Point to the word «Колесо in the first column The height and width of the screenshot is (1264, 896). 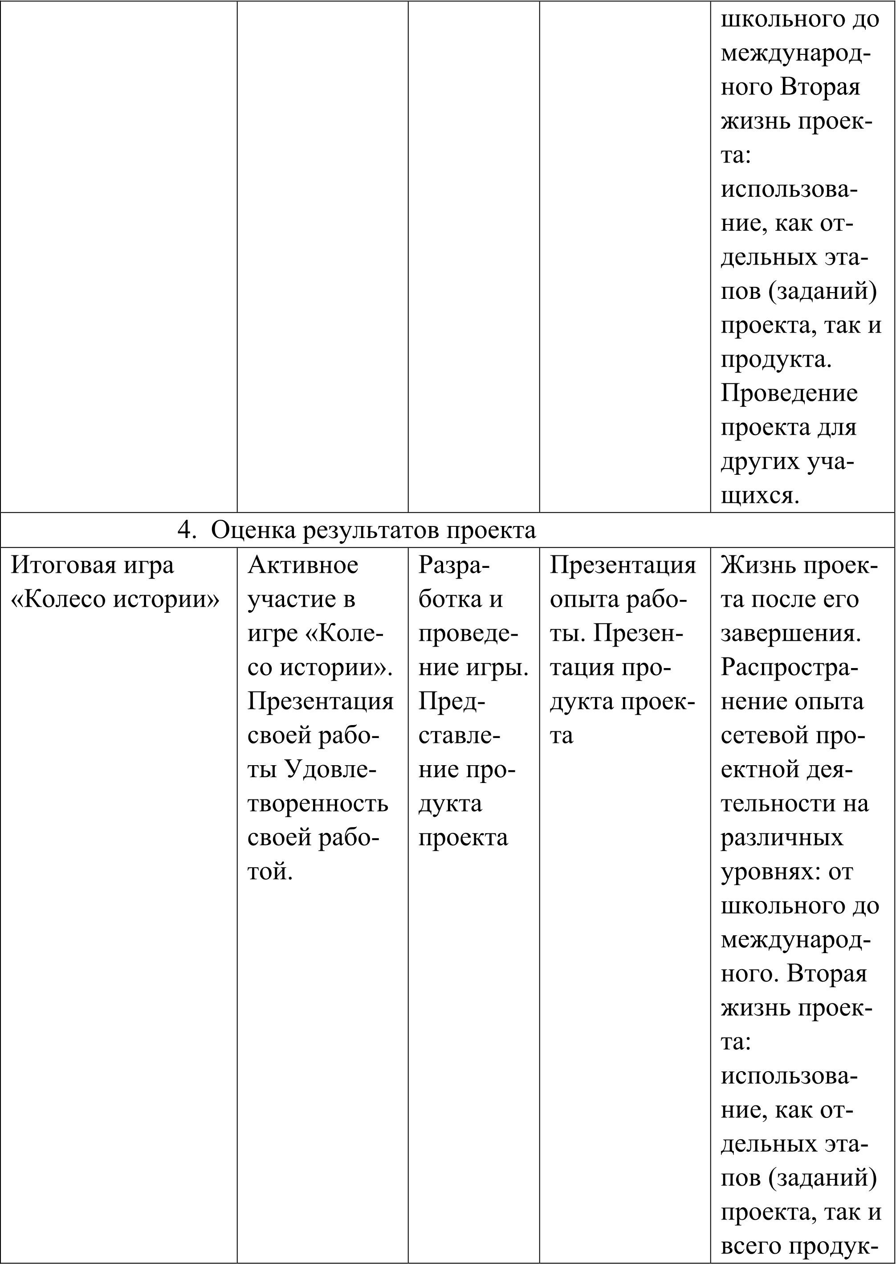[60, 599]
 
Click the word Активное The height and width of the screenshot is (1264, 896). [303, 564]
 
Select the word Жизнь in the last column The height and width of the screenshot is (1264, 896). [753, 564]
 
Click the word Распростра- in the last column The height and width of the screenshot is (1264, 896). [790, 667]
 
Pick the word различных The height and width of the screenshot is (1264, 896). [782, 837]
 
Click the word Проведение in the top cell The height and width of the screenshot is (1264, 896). [789, 393]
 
